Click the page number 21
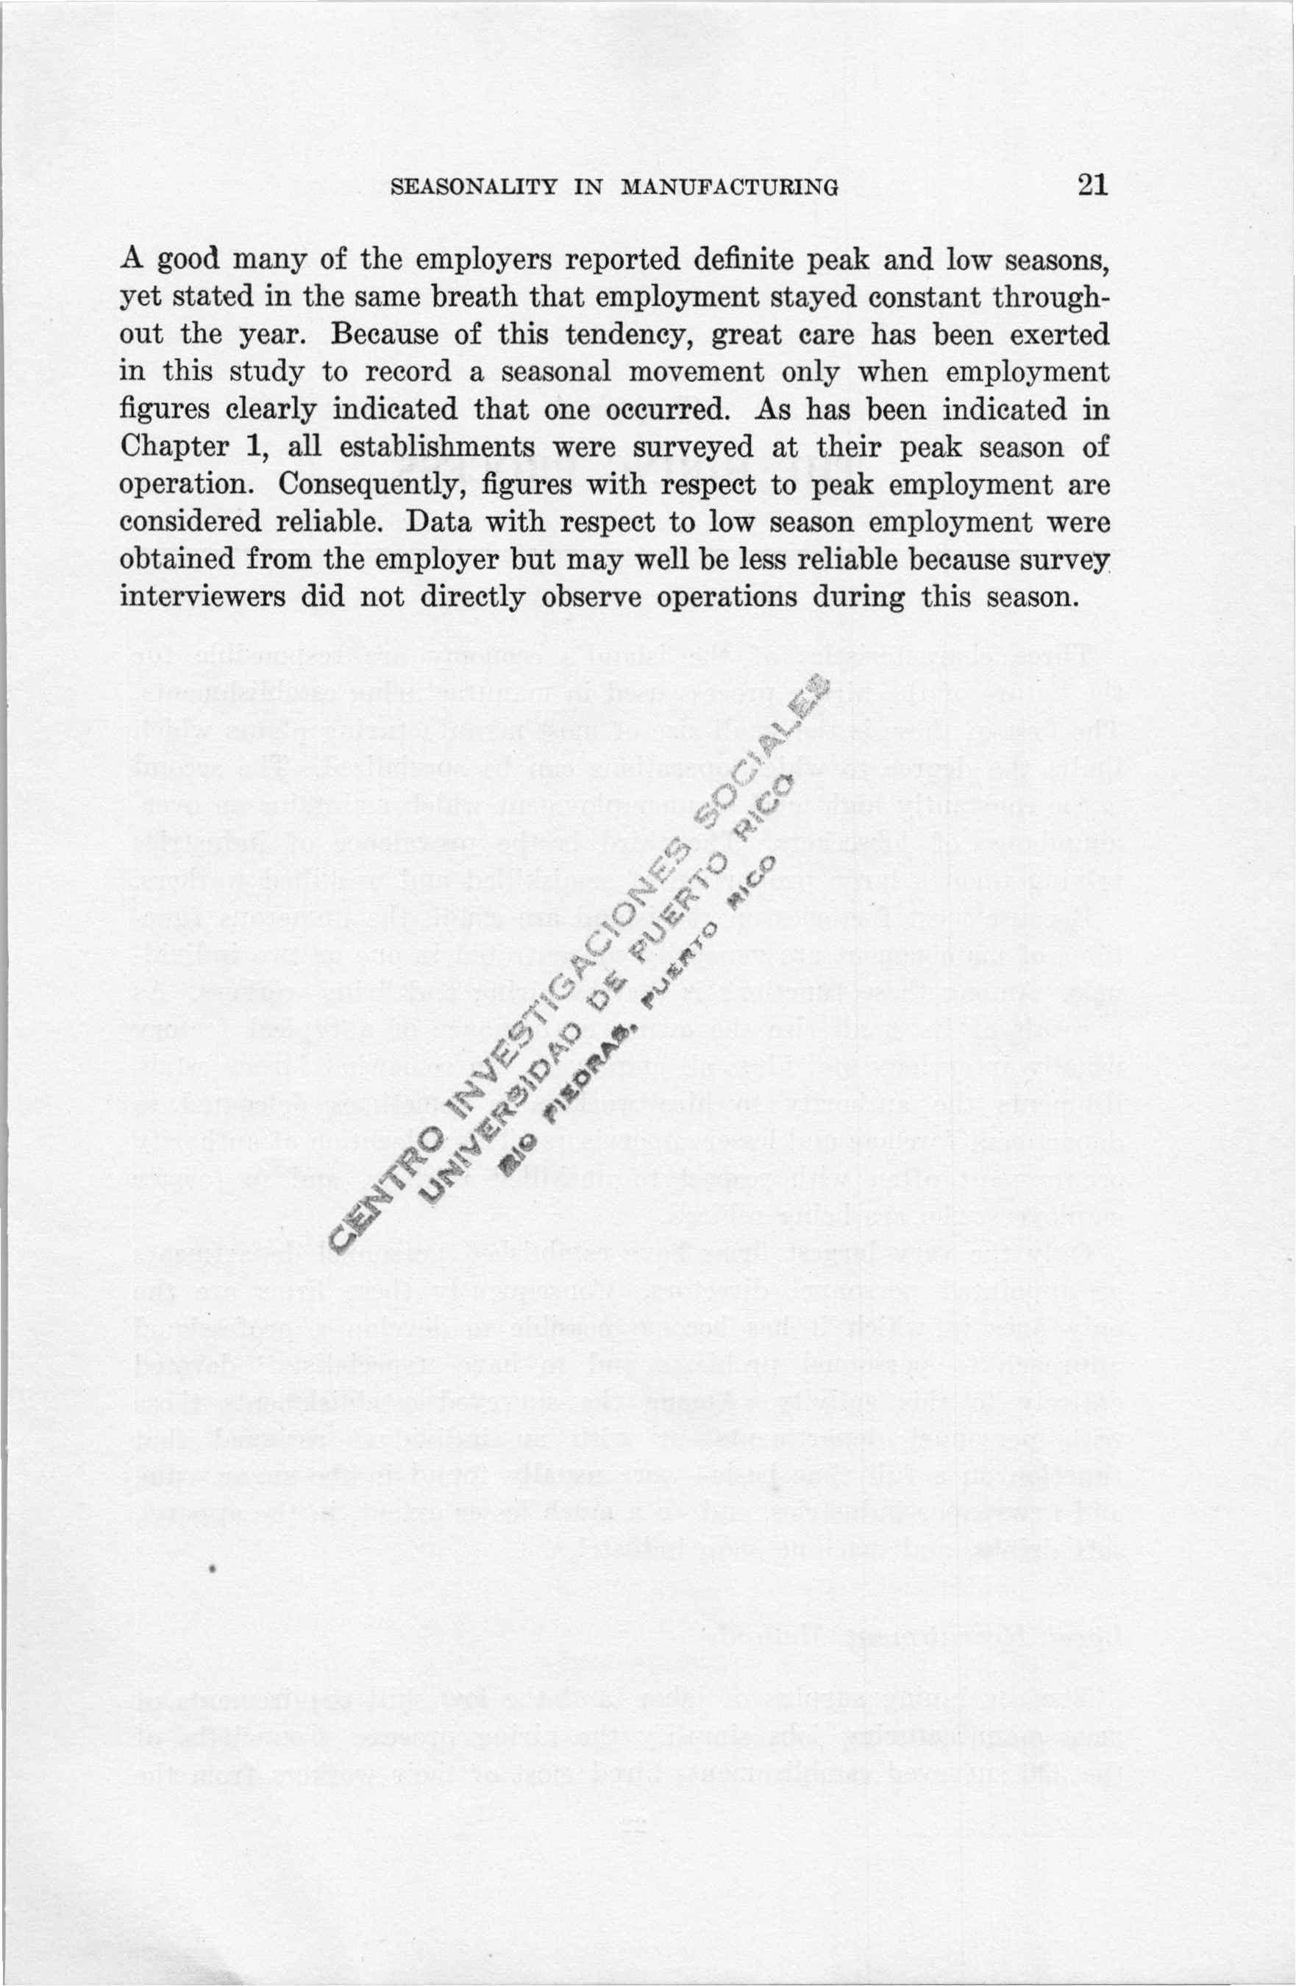[1091, 185]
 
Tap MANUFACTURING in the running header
[728, 187]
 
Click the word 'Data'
[436, 522]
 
